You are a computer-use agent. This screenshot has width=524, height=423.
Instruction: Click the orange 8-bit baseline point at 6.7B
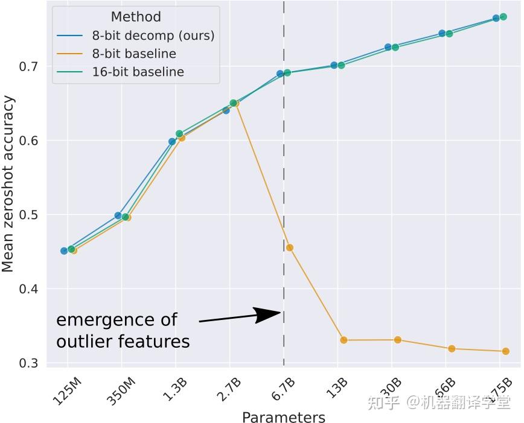pos(290,248)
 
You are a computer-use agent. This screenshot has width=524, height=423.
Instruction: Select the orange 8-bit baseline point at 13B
pos(343,340)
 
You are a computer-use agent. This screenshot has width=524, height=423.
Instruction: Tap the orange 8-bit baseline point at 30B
pos(398,340)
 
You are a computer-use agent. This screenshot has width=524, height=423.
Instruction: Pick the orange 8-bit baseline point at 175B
pos(506,351)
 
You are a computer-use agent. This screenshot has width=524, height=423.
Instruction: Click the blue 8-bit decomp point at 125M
pos(64,251)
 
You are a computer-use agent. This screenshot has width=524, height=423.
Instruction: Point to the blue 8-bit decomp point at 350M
pos(118,215)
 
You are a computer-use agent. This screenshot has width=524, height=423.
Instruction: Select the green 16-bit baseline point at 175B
pos(503,17)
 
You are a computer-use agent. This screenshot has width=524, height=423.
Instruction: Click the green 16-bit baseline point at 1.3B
pos(179,134)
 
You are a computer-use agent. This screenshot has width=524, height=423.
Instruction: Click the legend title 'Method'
pos(136,17)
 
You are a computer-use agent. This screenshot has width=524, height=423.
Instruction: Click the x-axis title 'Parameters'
pos(283,417)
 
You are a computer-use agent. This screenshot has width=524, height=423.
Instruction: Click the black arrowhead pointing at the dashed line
pos(267,315)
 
